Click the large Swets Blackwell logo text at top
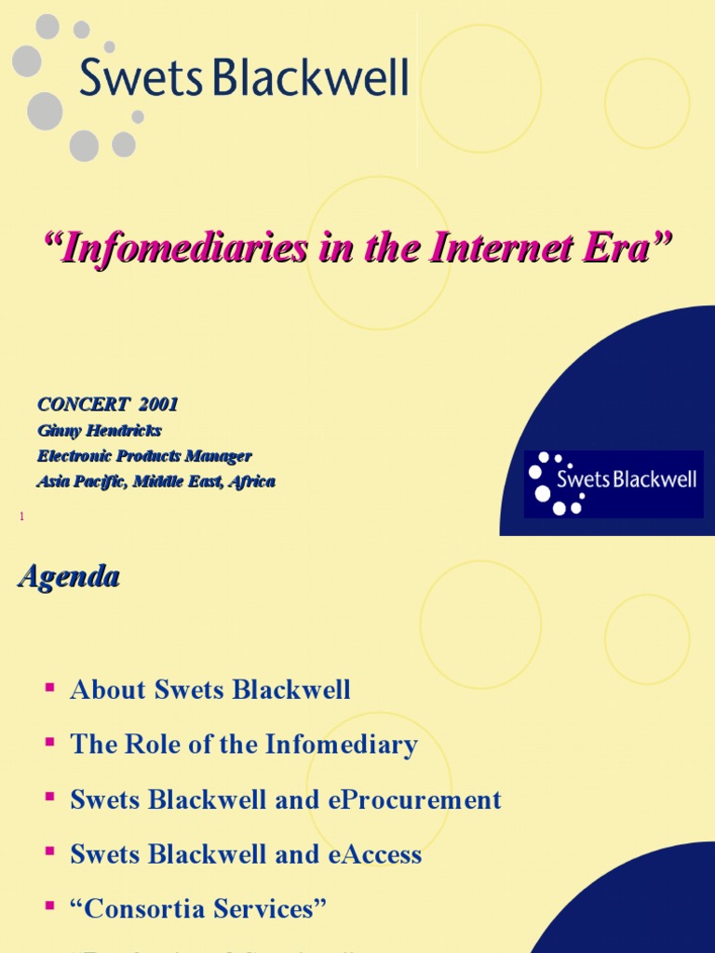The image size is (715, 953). pyautogui.click(x=244, y=77)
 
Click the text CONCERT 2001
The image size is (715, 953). pyautogui.click(x=107, y=405)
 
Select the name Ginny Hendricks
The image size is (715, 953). pyautogui.click(x=99, y=431)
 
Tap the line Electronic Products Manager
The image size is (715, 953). pyautogui.click(x=144, y=456)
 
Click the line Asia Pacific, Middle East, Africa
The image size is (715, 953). pyautogui.click(x=155, y=482)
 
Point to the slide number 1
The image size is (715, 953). pyautogui.click(x=20, y=516)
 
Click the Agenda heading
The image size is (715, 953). pyautogui.click(x=69, y=577)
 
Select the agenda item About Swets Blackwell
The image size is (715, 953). pyautogui.click(x=210, y=691)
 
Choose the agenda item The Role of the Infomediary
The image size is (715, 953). pyautogui.click(x=244, y=745)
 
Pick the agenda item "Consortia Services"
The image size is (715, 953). pyautogui.click(x=198, y=909)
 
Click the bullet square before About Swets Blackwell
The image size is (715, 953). pyautogui.click(x=49, y=689)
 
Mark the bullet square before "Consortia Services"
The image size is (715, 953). pyautogui.click(x=49, y=907)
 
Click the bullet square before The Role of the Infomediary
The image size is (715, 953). pyautogui.click(x=49, y=743)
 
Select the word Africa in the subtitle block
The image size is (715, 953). pyautogui.click(x=250, y=482)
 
